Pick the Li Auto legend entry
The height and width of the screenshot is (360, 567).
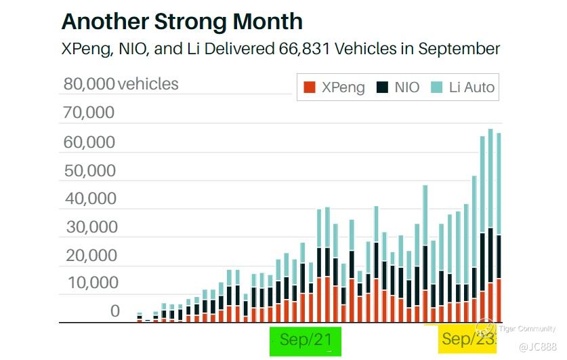coord(463,87)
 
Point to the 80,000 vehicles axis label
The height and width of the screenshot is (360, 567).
coord(121,84)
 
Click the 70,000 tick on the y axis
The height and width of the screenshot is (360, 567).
coord(89,113)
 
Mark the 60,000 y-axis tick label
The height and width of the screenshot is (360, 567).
coord(89,142)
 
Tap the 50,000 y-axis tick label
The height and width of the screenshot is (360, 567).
coord(89,171)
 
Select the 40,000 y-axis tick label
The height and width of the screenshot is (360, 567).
coord(89,199)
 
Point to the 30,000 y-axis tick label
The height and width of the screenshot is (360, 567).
coord(89,228)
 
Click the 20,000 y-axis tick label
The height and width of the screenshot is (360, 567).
coord(89,256)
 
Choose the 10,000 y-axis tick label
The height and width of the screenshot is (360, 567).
coord(89,283)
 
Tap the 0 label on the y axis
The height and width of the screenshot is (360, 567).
coord(115,311)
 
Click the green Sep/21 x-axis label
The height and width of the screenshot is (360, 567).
coord(306,340)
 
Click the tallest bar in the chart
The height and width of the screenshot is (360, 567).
coord(490,224)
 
